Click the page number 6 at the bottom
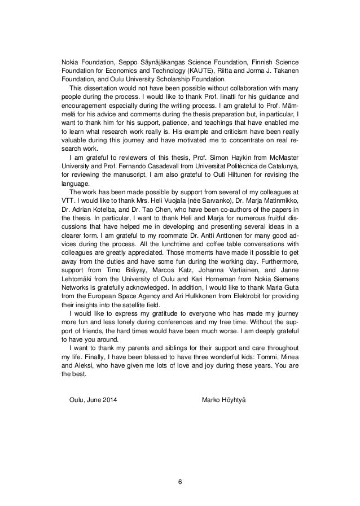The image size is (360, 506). [x=179, y=482]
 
